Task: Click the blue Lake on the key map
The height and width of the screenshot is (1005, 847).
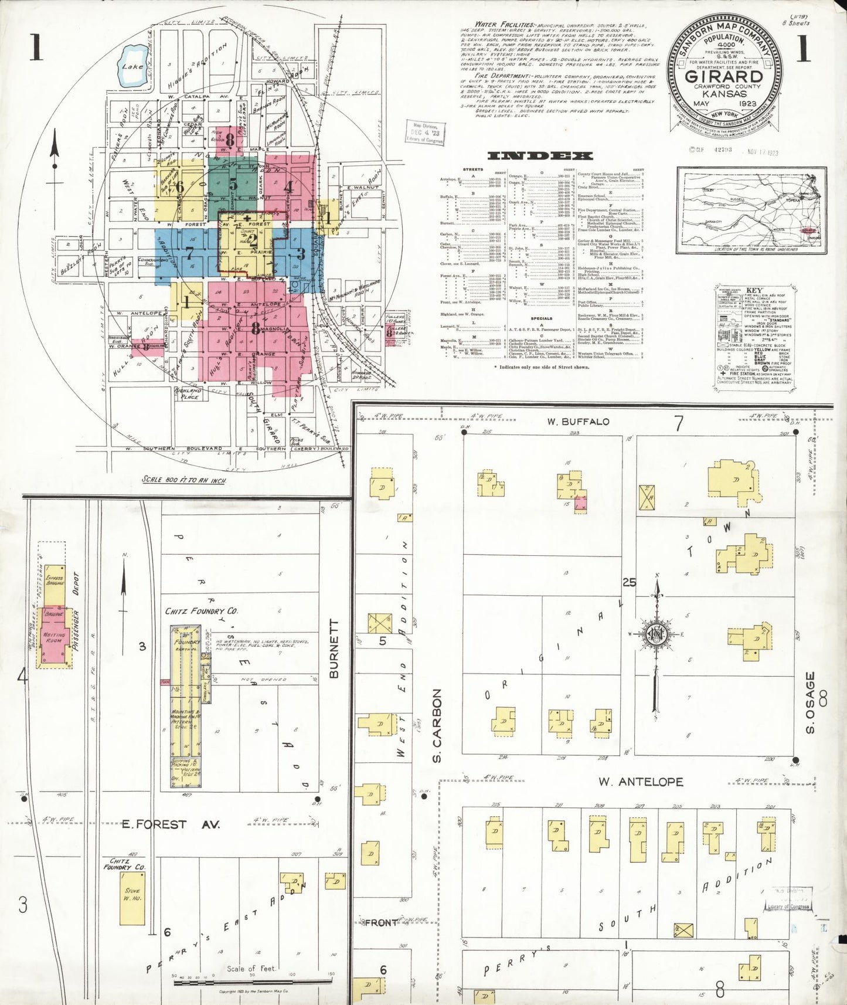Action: coord(131,66)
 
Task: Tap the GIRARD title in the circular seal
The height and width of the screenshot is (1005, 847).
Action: coord(724,77)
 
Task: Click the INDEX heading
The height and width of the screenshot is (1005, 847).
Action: coord(539,156)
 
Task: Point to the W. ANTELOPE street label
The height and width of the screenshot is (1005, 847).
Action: coord(640,782)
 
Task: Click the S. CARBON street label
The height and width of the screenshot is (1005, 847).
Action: coord(437,726)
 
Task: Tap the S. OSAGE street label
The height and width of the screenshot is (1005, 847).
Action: coord(811,702)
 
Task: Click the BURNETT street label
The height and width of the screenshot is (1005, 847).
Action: coord(334,649)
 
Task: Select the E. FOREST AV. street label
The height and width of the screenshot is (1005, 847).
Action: coord(171,824)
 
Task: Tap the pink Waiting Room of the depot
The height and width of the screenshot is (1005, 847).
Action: coord(53,637)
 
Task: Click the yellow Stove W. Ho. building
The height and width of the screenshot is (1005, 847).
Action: coord(132,898)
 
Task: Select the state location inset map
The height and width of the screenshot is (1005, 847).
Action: coord(751,209)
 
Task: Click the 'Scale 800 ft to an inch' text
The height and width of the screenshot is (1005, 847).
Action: coord(184,480)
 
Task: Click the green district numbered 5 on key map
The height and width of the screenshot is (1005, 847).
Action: coord(234,184)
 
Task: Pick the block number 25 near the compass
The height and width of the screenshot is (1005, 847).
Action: coord(629,582)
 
